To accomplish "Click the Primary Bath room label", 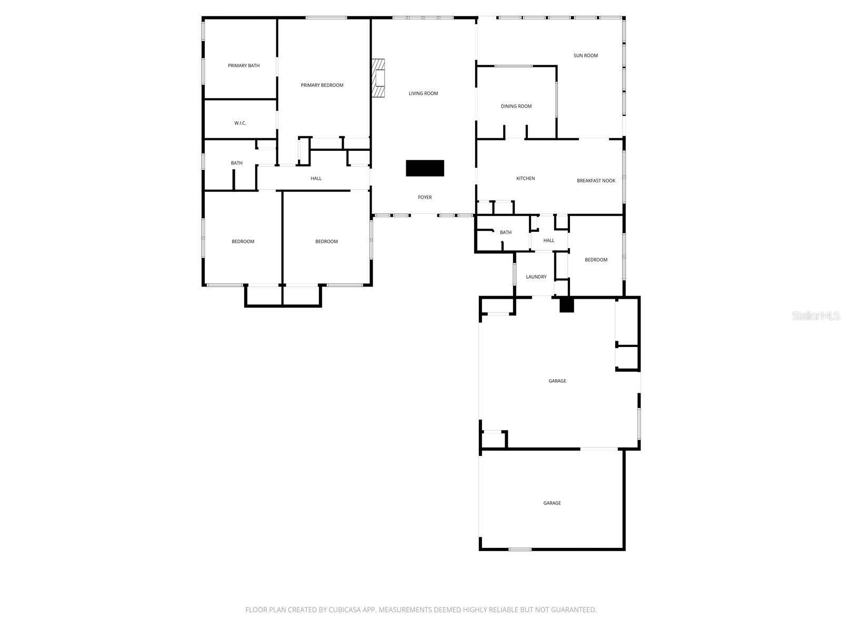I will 244,66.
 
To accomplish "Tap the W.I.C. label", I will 240,123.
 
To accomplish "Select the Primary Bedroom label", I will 322,85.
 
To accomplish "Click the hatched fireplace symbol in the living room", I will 378,78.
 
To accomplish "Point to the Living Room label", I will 423,94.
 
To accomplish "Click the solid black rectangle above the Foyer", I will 425,168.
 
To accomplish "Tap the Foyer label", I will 425,198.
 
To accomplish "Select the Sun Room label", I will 585,56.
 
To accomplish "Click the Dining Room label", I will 516,106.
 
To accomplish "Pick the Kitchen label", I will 525,179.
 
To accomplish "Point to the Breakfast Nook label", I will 596,181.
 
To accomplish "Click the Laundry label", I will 536,277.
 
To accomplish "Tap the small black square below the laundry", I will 566,305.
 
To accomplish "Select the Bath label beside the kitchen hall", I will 505,232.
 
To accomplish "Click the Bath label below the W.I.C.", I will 237,163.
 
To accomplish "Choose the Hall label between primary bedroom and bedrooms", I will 316,179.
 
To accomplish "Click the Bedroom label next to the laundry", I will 596,260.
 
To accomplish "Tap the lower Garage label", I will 552,503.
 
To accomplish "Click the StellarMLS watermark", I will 816,316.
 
